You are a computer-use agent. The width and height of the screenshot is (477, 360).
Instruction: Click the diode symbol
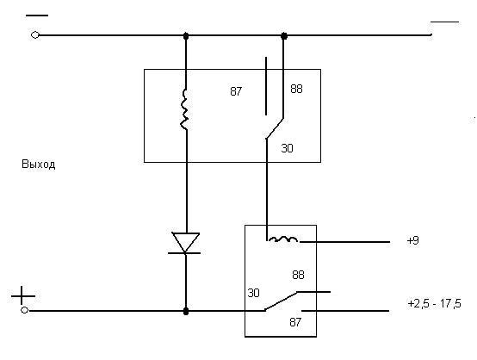pos(186,243)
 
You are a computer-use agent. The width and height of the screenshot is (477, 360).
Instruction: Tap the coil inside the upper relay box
pos(184,109)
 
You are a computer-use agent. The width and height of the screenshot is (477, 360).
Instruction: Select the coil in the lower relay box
pos(283,239)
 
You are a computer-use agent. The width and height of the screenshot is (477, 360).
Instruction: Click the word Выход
pos(39,164)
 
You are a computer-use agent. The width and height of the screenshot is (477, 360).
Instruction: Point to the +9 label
pos(412,240)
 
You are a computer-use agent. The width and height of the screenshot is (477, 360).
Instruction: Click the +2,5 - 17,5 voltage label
pos(434,304)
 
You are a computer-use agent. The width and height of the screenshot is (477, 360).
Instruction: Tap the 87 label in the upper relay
pos(236,91)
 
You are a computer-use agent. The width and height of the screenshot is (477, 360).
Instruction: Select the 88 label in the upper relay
pos(296,89)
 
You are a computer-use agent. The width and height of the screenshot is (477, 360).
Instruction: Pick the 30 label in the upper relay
pos(287,148)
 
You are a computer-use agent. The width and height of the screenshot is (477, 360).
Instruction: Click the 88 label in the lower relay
pos(298,275)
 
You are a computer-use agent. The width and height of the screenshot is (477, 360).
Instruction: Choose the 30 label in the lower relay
pos(253,293)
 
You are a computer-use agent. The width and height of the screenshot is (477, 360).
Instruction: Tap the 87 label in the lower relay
pos(295,322)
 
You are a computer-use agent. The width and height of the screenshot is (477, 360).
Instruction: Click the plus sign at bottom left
pos(22,295)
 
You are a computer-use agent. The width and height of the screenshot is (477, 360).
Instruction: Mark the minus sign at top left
pos(37,16)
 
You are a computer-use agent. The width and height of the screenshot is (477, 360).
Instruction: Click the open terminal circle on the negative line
pos(35,35)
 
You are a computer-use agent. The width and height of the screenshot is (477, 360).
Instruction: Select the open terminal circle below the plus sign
pos(25,310)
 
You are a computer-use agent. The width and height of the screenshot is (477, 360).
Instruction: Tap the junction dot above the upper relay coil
pos(186,36)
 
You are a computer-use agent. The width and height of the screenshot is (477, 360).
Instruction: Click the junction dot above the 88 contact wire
pos(284,36)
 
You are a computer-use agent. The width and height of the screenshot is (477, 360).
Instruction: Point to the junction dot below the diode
pos(186,311)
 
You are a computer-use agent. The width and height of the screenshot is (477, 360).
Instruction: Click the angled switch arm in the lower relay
pos(281,301)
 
